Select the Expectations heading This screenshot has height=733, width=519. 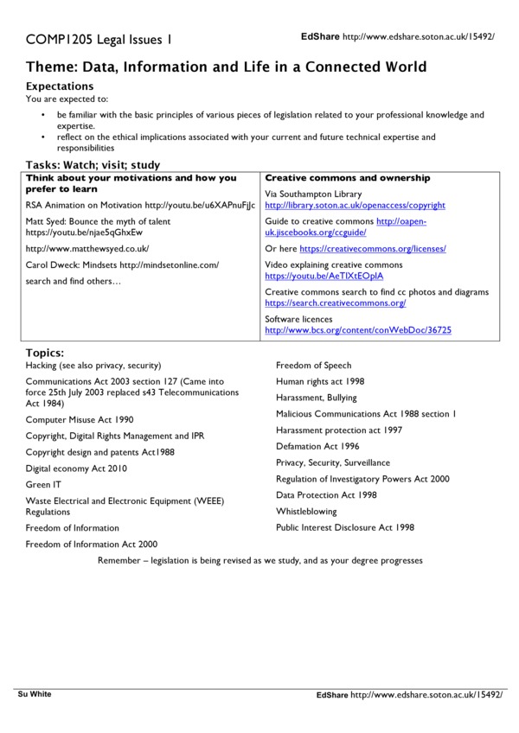[x=60, y=86]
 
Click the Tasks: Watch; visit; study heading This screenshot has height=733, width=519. [x=93, y=165]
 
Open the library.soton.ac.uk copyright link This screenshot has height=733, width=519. [x=355, y=206]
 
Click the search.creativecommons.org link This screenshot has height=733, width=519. [x=336, y=303]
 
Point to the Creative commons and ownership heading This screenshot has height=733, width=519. [x=347, y=178]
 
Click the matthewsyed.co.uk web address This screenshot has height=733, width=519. [x=87, y=248]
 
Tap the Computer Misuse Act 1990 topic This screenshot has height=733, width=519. [x=80, y=419]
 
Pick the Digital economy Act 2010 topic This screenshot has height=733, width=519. [x=76, y=468]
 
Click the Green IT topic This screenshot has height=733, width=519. [x=43, y=485]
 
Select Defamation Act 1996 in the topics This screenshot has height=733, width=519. [x=318, y=446]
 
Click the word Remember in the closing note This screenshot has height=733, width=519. [x=122, y=560]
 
